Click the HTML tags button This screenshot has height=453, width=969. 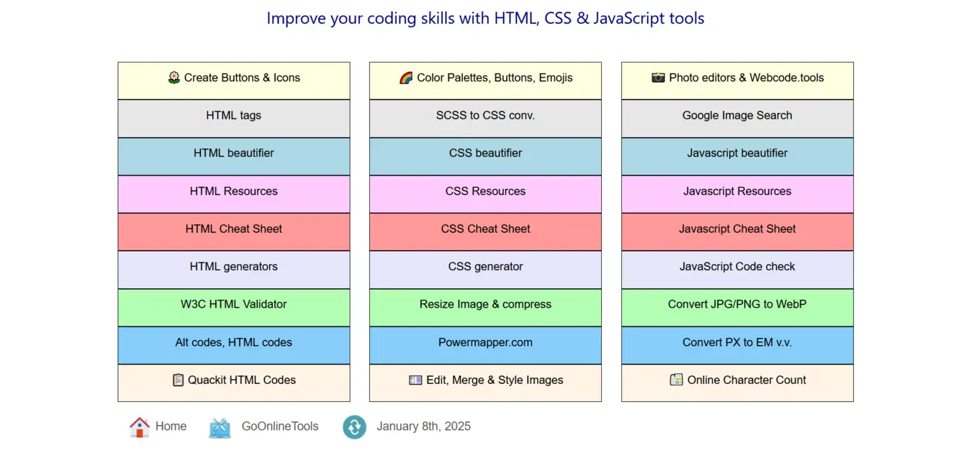(x=233, y=119)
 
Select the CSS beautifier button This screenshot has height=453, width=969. (x=485, y=156)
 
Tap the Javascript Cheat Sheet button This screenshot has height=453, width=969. (x=737, y=232)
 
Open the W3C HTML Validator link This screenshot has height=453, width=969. (x=233, y=307)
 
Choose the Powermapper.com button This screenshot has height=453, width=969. (x=485, y=345)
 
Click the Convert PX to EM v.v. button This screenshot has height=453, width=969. (x=737, y=345)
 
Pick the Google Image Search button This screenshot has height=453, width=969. (x=737, y=119)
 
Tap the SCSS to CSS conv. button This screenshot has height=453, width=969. (x=485, y=119)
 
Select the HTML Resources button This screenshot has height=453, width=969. (x=233, y=194)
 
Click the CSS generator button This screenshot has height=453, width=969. (x=485, y=270)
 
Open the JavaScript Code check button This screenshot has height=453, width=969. (x=737, y=270)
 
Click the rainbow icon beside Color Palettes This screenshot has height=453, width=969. (x=406, y=78)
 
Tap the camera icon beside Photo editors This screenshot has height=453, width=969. (x=658, y=78)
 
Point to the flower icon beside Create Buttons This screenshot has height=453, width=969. (x=174, y=78)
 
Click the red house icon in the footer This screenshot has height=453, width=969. (x=139, y=427)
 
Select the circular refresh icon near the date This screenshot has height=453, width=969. (x=354, y=427)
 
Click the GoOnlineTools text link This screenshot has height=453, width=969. (x=280, y=426)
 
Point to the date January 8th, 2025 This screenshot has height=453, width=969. (x=423, y=426)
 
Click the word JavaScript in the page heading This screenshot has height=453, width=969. (x=629, y=19)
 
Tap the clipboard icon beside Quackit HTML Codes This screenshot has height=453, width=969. (x=178, y=380)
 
